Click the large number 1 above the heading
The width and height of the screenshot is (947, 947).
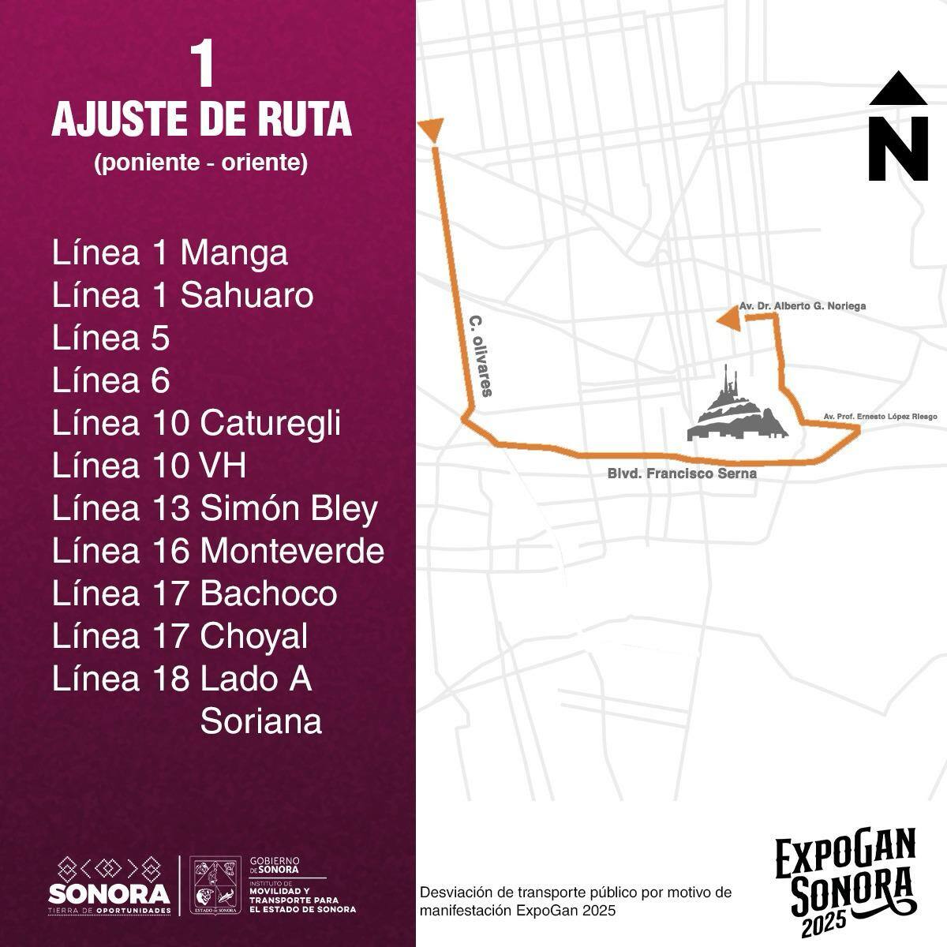coord(203,66)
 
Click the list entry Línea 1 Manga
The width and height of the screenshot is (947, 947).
coord(170,253)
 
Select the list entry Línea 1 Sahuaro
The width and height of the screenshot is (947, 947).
coord(182,296)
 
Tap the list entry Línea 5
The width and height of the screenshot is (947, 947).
coord(110,339)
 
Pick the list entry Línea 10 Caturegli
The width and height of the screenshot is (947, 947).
coord(196,423)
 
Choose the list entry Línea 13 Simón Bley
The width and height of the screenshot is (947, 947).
coord(215,508)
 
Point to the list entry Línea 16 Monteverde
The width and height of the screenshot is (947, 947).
coord(218,551)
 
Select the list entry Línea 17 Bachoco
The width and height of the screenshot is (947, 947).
coord(194,593)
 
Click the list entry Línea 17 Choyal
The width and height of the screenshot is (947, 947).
coord(180,636)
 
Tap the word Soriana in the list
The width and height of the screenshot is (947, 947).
coord(261,721)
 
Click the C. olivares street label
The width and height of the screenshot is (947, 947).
coord(481,356)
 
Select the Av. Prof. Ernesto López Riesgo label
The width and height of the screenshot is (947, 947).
coord(880,416)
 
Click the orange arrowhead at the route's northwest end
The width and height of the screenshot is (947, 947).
coord(432,129)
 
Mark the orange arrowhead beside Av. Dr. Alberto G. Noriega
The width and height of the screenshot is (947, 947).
coord(729,320)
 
